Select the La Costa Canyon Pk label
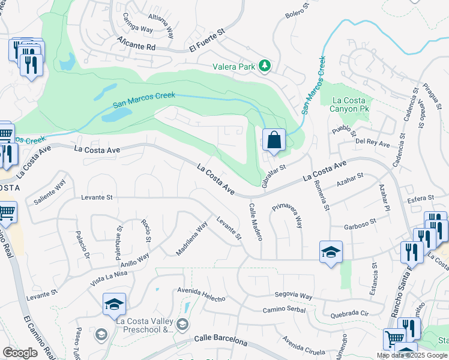[x=349, y=104]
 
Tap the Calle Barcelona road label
[x=221, y=340]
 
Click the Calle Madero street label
[x=256, y=221]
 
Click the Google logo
[x=20, y=353]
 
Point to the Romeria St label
[x=322, y=196]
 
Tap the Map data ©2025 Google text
[x=412, y=355]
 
